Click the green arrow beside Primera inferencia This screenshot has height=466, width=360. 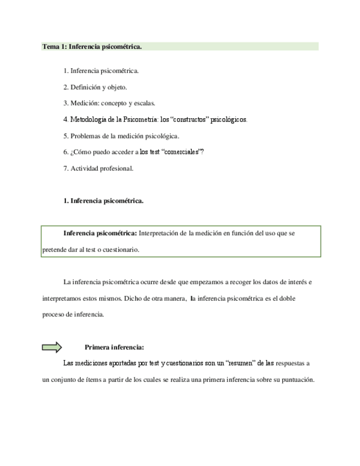(x=52, y=347)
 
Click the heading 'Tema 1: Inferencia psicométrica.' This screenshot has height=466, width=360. (x=92, y=47)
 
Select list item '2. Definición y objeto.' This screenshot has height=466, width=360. (x=95, y=87)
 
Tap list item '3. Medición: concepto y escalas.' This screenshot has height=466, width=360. (x=109, y=103)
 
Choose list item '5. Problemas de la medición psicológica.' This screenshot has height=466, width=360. (x=121, y=136)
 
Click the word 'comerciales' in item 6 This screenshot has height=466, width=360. (x=183, y=152)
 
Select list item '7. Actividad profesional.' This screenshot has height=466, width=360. (x=98, y=168)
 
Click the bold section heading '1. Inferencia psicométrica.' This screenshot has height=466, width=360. (x=103, y=201)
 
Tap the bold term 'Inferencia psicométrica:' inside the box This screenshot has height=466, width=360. (x=100, y=233)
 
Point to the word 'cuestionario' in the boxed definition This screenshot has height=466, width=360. (x=121, y=249)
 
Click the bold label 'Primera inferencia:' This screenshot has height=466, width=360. (x=114, y=347)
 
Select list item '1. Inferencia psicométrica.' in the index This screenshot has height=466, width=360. (x=101, y=71)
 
